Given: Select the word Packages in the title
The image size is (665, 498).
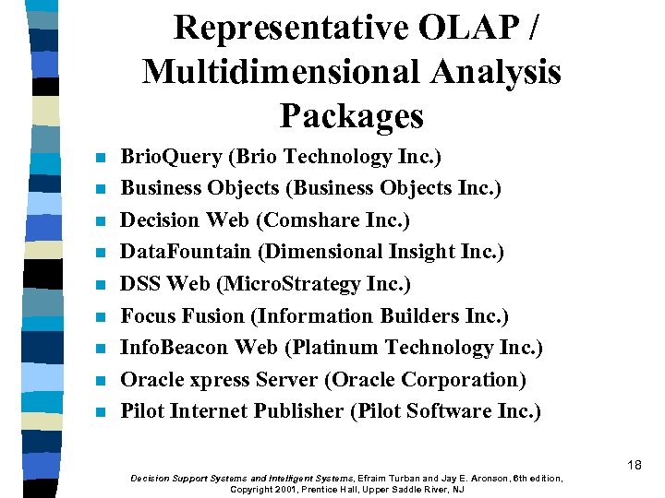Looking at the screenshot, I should [351, 116].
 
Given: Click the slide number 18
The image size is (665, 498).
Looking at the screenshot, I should [634, 465].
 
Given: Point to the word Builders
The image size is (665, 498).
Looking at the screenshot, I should [420, 315].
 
